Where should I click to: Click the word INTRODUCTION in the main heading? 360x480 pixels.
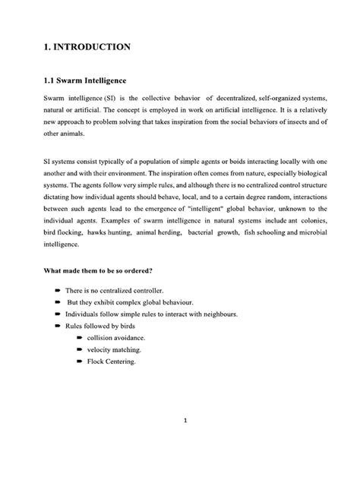90,46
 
